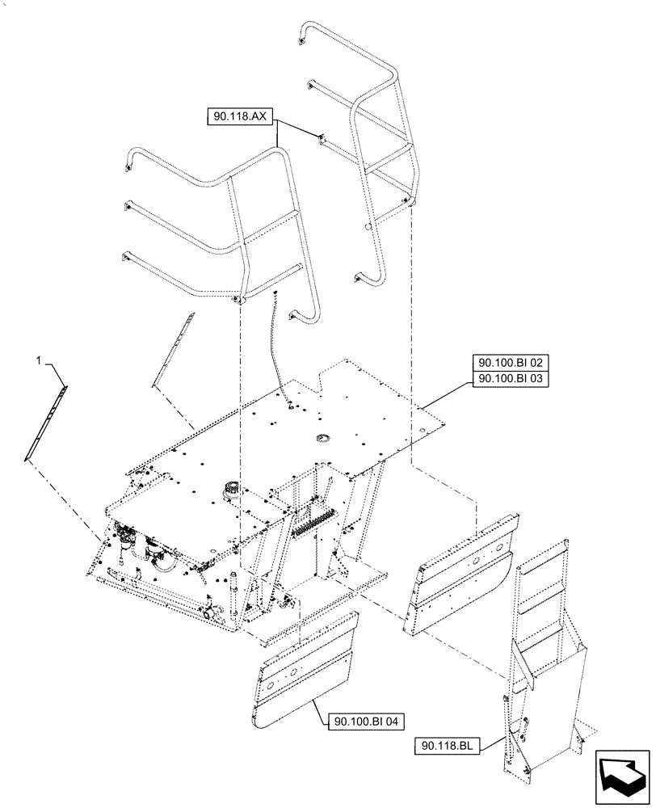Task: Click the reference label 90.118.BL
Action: click(450, 745)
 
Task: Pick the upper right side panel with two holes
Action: click(467, 566)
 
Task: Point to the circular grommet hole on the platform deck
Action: click(324, 438)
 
